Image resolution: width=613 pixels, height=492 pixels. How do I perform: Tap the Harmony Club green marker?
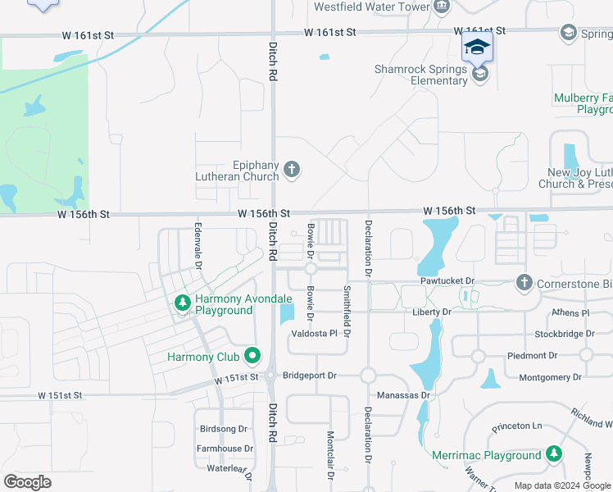point(252,357)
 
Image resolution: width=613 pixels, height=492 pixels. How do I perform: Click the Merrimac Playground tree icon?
point(555,454)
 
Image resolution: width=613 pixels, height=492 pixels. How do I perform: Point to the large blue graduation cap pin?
point(477,46)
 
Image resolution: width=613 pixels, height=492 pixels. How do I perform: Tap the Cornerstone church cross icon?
point(524,283)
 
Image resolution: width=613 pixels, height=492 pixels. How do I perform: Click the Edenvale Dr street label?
point(198,244)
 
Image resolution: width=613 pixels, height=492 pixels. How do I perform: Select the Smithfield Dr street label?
point(347,312)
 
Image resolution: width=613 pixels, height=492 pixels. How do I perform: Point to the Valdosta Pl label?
point(315,334)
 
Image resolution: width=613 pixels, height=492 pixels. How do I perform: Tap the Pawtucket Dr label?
point(447,281)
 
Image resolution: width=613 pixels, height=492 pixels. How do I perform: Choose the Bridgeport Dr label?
point(310,376)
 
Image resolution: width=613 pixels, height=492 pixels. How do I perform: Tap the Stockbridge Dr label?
point(564,335)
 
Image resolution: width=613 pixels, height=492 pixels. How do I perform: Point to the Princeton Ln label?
point(517,427)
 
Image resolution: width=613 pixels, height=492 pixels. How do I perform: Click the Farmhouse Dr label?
point(225,449)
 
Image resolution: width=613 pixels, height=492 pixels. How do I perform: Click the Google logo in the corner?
point(27,482)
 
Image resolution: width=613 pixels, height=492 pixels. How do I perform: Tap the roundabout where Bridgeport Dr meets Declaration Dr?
point(368,375)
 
